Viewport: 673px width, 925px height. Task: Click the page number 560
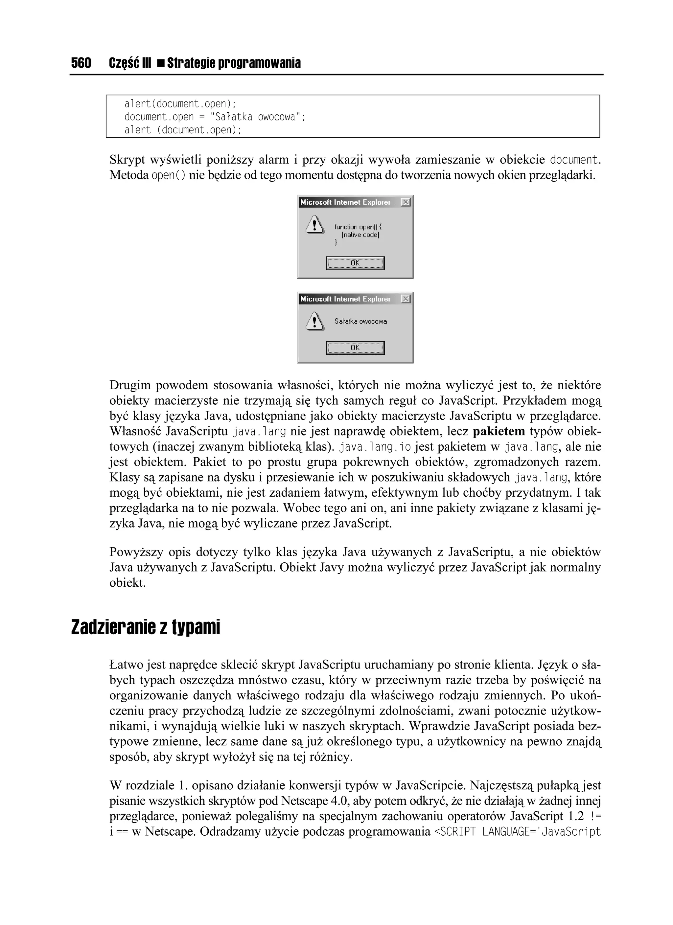[81, 63]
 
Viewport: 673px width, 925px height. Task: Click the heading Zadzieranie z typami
[145, 628]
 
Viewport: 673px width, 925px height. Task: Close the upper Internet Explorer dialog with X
[405, 202]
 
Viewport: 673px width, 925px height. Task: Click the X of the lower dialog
[405, 299]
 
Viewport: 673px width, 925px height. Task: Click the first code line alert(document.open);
[180, 103]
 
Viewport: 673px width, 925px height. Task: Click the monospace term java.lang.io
[375, 447]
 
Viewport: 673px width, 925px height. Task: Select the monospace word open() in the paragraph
[169, 176]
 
